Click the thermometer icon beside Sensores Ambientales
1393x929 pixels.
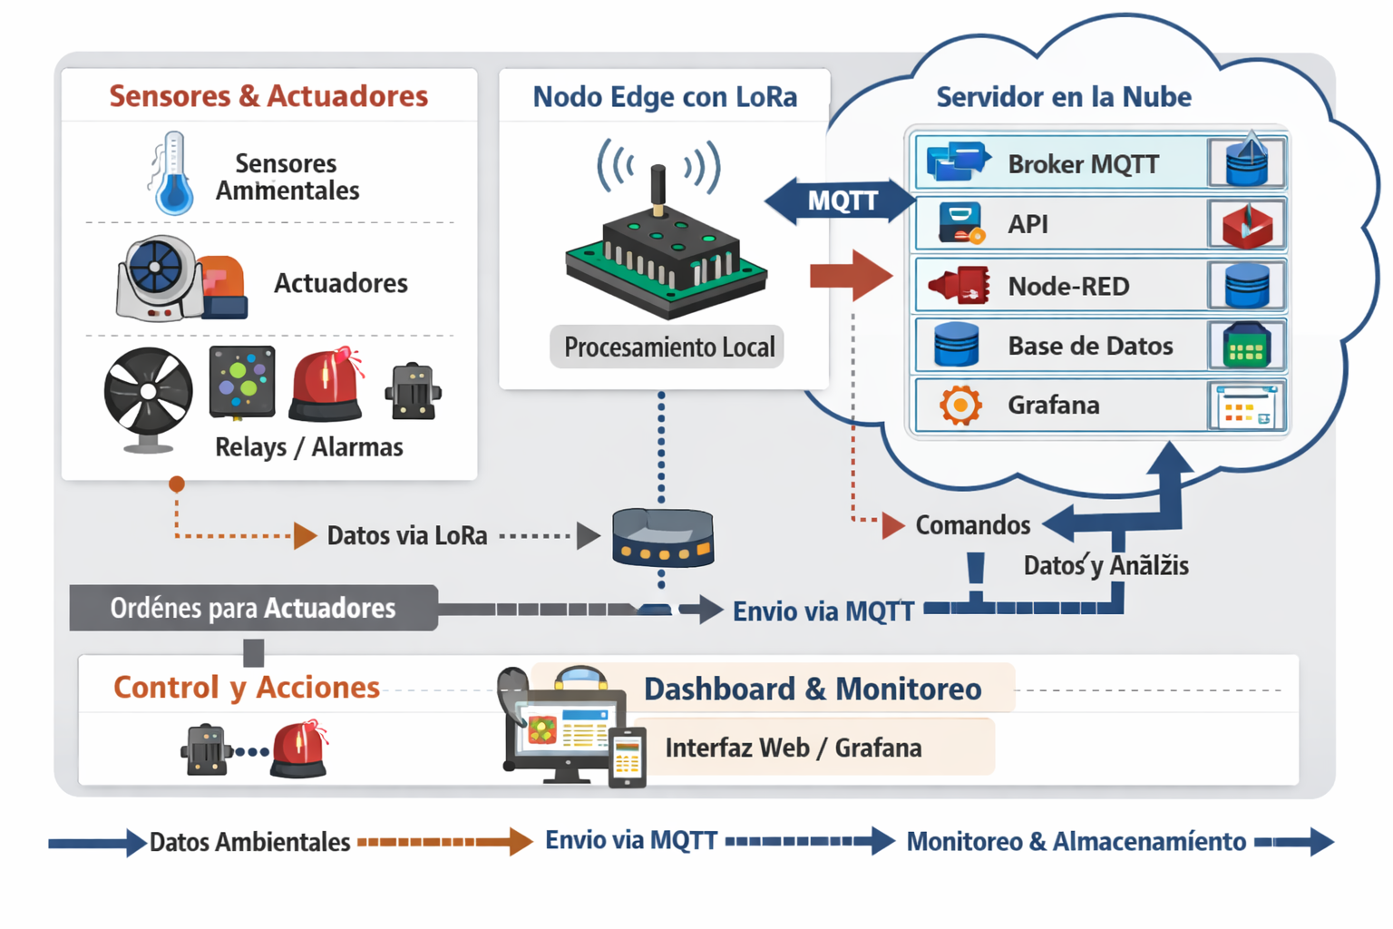(172, 174)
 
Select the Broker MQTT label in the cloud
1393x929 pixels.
(1083, 164)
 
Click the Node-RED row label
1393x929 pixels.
(1068, 287)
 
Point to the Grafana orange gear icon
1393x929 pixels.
(960, 405)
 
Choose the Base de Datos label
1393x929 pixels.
(1090, 346)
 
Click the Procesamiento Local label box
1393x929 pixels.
(668, 347)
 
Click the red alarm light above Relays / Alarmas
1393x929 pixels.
(326, 385)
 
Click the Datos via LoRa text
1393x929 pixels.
(407, 535)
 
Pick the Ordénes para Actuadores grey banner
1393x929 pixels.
(253, 608)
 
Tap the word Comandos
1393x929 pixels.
(972, 525)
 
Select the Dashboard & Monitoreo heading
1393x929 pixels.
(812, 689)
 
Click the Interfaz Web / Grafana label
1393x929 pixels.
(794, 748)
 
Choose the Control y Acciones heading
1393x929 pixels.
(246, 688)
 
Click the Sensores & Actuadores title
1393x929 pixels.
(268, 96)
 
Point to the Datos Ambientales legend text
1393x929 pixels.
(249, 842)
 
